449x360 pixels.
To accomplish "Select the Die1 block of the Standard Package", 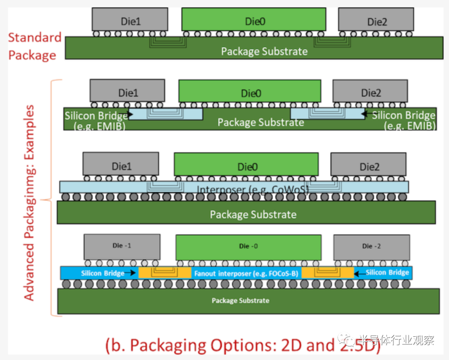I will click(x=130, y=20).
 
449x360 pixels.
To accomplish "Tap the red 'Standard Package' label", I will click(x=35, y=46).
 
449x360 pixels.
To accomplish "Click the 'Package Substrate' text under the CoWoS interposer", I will click(x=253, y=215).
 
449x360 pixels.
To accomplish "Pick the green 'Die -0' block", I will click(x=249, y=247).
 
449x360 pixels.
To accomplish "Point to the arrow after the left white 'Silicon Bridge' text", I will click(x=133, y=273).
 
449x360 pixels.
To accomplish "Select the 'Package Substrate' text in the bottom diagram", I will click(x=240, y=301).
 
